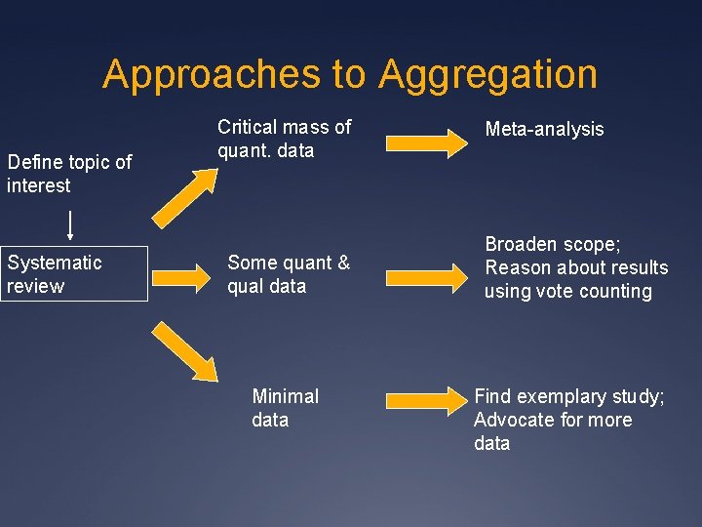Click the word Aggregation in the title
[487, 75]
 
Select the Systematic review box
[74, 274]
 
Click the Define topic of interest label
[68, 174]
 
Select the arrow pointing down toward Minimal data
[184, 349]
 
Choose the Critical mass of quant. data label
[284, 139]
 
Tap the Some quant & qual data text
[288, 274]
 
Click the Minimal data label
[284, 408]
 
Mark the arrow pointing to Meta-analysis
[426, 142]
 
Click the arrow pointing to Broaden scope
[426, 276]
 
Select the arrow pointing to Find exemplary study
[426, 399]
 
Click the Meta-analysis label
[544, 129]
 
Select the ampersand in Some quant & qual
[343, 263]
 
